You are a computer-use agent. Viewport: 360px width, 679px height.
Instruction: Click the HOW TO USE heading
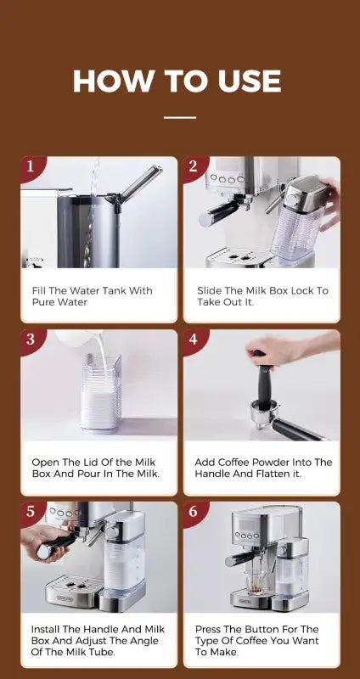177,81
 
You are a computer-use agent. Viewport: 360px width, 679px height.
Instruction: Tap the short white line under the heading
179,117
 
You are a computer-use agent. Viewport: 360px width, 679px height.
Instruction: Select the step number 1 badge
31,166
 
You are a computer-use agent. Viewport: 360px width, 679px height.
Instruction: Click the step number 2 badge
194,166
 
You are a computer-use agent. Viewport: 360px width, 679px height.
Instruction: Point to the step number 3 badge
31,339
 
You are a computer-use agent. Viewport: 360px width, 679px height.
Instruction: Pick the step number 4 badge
194,339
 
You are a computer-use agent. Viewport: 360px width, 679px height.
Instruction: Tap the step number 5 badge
31,512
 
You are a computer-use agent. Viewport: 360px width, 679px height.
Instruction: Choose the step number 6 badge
194,512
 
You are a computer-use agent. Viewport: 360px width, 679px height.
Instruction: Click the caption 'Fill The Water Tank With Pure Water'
93,296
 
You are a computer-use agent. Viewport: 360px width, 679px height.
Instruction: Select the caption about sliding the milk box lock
262,296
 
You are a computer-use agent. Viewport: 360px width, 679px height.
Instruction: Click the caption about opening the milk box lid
96,468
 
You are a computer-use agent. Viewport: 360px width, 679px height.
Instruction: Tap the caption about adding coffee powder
263,468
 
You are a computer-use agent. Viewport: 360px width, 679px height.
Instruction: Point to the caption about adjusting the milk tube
96,641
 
